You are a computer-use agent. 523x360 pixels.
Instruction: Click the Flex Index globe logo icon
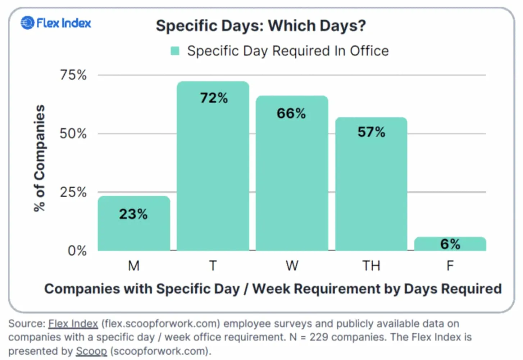[x=27, y=23]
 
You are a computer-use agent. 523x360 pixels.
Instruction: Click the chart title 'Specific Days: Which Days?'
[x=261, y=26]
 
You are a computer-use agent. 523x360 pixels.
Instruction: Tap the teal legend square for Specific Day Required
[x=175, y=51]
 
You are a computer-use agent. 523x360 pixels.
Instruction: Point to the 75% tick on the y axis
[x=73, y=75]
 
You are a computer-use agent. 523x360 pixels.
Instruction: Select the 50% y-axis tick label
[x=73, y=134]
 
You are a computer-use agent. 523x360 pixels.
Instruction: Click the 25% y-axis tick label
[x=73, y=192]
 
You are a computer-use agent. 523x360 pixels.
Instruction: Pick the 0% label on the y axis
[x=77, y=251]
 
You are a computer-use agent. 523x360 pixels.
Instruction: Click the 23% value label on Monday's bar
[x=133, y=214]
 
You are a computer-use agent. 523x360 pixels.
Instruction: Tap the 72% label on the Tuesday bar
[x=214, y=98]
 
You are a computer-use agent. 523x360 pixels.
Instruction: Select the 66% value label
[x=291, y=113]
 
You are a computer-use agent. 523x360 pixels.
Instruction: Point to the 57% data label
[x=371, y=132]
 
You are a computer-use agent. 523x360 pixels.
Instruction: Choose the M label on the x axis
[x=134, y=266]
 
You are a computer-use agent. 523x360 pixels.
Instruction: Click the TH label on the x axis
[x=371, y=266]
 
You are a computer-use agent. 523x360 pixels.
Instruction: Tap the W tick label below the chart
[x=292, y=266]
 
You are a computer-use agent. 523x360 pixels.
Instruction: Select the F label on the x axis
[x=450, y=266]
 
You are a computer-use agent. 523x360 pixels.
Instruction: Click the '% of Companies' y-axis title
[x=40, y=158]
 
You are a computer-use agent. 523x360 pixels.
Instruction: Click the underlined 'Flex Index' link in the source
[x=73, y=324]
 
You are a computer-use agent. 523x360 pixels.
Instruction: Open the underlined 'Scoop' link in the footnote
[x=91, y=351]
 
